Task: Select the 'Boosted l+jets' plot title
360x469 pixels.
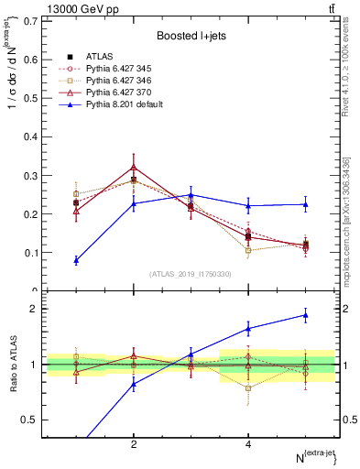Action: (191, 36)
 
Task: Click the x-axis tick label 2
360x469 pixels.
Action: (134, 444)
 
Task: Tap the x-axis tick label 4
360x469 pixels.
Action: (248, 444)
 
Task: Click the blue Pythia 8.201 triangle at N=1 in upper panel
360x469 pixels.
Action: (76, 260)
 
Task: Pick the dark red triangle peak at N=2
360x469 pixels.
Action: (134, 167)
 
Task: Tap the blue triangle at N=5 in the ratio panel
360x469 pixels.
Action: (305, 315)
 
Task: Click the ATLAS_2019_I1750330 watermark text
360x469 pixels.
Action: (191, 273)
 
